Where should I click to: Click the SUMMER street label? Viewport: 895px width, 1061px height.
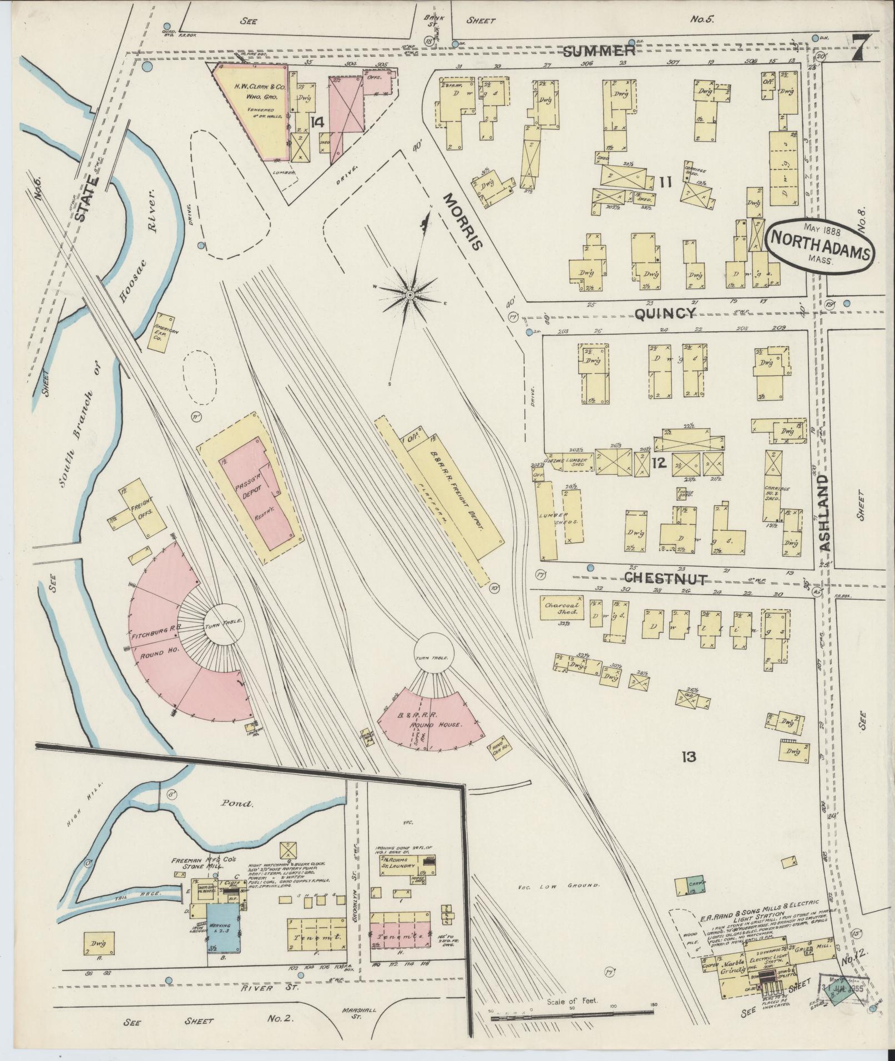point(599,52)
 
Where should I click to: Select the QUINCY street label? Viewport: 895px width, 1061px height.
point(665,314)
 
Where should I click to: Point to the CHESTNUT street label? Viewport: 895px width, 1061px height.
point(665,580)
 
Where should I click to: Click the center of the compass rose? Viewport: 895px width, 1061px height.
point(409,295)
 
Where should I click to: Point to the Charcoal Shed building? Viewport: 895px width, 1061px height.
point(562,608)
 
